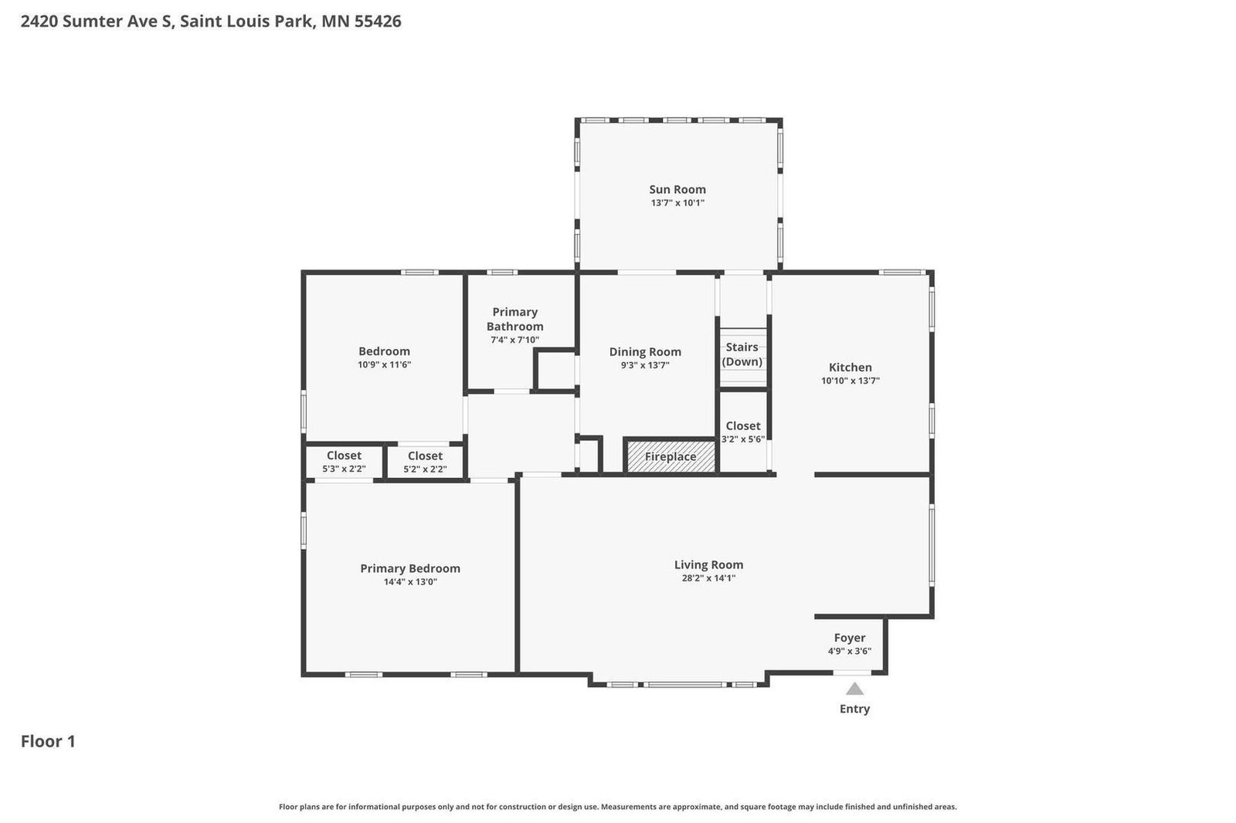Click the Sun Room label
pyautogui.click(x=677, y=189)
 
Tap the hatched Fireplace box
pyautogui.click(x=670, y=456)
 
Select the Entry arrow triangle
pyautogui.click(x=854, y=689)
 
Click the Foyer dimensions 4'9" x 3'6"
pyautogui.click(x=849, y=651)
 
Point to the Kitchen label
pyautogui.click(x=850, y=367)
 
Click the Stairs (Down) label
pyautogui.click(x=742, y=354)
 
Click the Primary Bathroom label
pyautogui.click(x=514, y=319)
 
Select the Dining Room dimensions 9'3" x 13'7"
pyautogui.click(x=644, y=365)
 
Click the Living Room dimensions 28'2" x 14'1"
pyautogui.click(x=708, y=577)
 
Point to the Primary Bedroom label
pyautogui.click(x=410, y=568)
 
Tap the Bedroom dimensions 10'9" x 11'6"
pyautogui.click(x=384, y=364)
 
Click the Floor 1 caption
pyautogui.click(x=48, y=741)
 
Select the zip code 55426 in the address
pyautogui.click(x=378, y=21)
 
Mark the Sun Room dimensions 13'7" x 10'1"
pyautogui.click(x=677, y=203)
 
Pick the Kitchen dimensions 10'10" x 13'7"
pyautogui.click(x=850, y=381)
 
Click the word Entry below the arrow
pyautogui.click(x=854, y=709)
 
